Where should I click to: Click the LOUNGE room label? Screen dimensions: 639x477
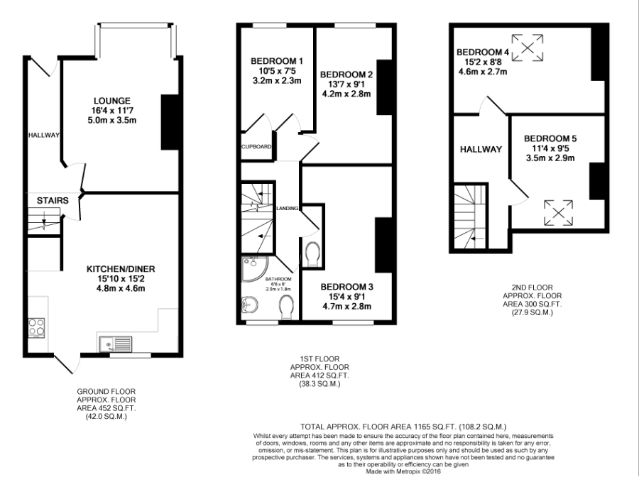coord(112,101)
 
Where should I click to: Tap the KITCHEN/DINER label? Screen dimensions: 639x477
coord(121,269)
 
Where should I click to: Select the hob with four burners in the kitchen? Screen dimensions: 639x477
coord(36,327)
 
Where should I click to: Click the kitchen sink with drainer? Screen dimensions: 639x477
coord(116,344)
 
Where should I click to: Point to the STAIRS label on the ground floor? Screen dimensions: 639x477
coord(53,200)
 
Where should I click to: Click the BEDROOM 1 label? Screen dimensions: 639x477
coord(277,61)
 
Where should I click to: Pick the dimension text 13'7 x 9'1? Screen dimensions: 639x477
coord(346,84)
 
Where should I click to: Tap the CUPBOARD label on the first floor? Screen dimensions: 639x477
coord(256,147)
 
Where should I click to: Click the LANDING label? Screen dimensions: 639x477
coord(288,208)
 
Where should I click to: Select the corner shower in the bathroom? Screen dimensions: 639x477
coord(253,269)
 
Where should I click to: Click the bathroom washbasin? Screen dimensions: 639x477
coord(249,305)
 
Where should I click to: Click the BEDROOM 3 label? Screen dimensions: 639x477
coord(346,287)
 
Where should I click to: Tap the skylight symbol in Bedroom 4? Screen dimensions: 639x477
coord(528,48)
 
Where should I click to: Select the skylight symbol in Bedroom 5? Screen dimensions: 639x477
coord(558,213)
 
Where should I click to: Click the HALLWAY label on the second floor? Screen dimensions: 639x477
coord(481,150)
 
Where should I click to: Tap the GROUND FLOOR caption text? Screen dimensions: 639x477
coord(106,391)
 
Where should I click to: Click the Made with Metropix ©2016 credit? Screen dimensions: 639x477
coord(403,471)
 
